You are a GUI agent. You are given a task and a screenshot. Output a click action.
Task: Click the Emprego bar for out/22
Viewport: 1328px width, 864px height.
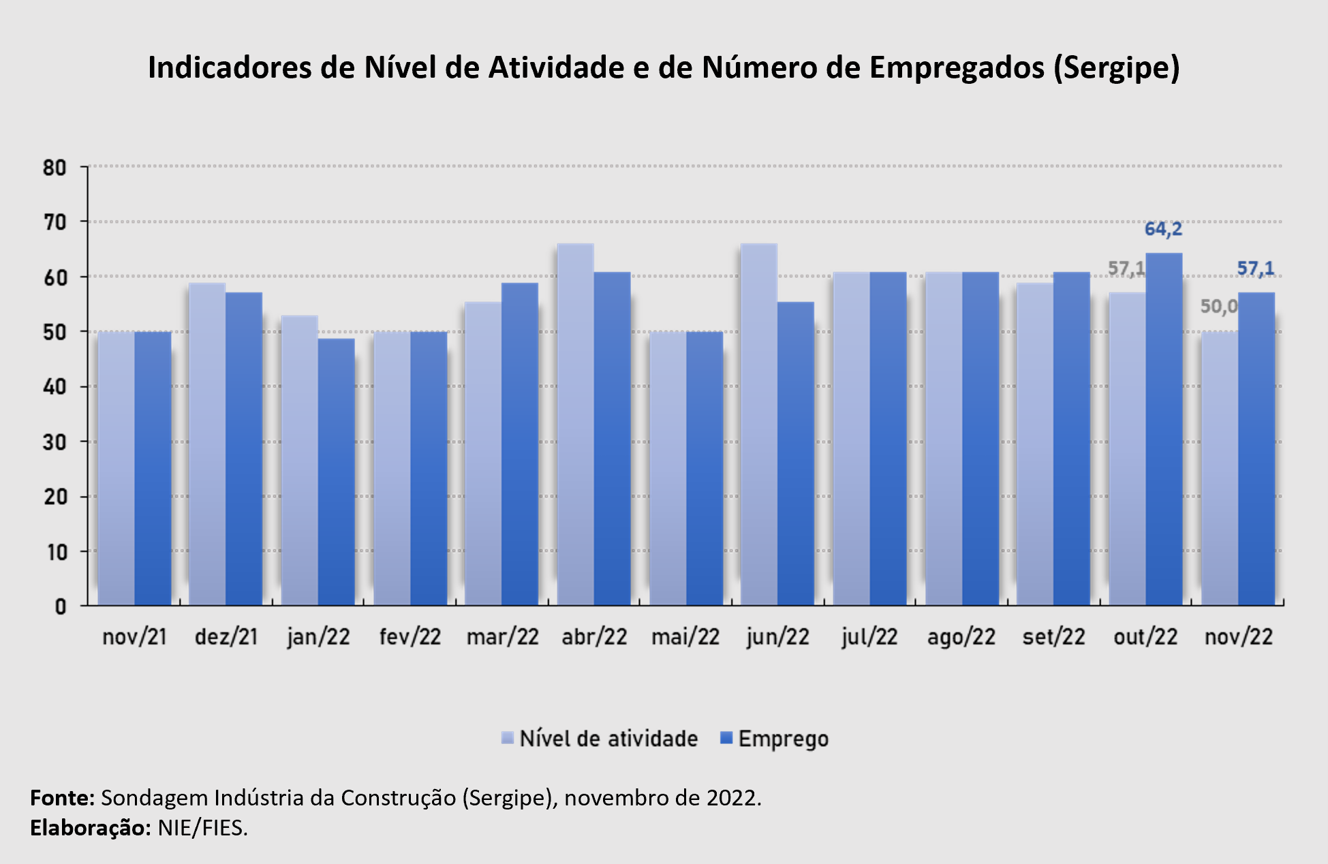coord(1164,429)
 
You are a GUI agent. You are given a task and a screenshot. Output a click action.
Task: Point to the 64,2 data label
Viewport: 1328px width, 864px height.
coord(1163,229)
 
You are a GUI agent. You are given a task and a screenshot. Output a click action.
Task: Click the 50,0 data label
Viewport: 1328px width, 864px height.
coord(1218,307)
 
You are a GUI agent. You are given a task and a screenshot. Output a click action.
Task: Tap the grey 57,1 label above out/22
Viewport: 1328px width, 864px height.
coord(1126,268)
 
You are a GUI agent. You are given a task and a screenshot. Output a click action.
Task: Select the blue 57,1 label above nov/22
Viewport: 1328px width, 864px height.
coord(1255,268)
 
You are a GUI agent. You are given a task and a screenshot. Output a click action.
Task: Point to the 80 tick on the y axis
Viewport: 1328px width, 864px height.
coord(55,168)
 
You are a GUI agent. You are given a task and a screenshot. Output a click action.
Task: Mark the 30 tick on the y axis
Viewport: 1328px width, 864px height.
coord(55,442)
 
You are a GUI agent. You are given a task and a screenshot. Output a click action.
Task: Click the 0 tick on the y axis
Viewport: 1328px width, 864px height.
coord(61,606)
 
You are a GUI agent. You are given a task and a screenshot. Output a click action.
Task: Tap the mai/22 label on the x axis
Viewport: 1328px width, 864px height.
coord(685,637)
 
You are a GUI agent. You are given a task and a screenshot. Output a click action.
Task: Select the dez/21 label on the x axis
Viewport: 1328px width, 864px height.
coord(226,637)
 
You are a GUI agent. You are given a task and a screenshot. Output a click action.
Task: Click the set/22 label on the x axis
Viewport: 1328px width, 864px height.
coord(1053,637)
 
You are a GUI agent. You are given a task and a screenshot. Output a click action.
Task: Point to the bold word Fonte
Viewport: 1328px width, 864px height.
coord(62,797)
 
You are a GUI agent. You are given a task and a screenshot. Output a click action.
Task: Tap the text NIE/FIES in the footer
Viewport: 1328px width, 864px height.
coord(202,828)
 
